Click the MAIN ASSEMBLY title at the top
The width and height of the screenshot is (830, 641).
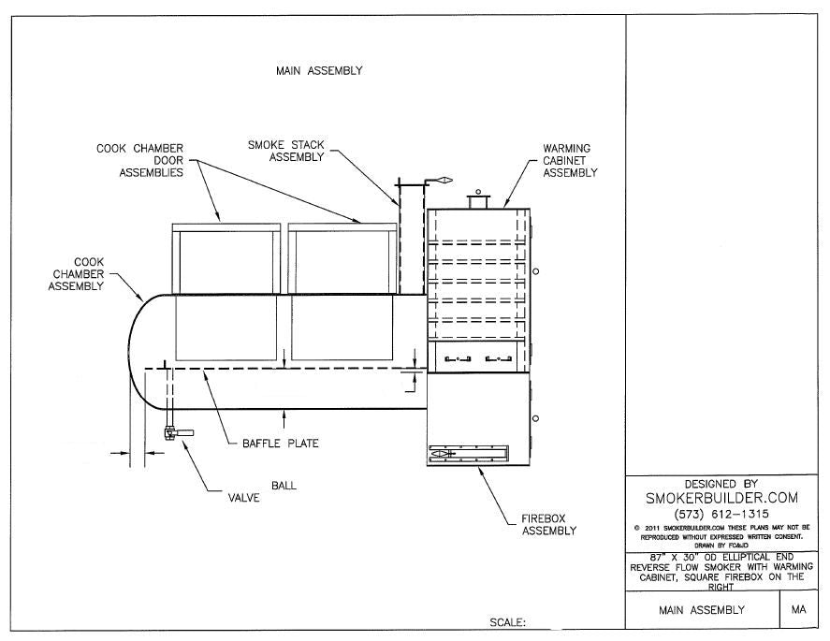[319, 70]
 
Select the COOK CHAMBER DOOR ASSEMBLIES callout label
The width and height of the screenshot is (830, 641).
[139, 160]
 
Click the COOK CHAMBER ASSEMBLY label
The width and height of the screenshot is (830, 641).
[76, 274]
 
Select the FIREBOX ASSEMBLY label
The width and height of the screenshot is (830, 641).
[548, 523]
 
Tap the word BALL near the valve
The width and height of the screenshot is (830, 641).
[285, 485]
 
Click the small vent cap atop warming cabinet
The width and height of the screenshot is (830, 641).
[478, 199]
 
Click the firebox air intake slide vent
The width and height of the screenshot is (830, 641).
[468, 455]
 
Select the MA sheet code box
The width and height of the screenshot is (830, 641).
[798, 610]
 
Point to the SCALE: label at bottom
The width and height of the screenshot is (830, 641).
[508, 621]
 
